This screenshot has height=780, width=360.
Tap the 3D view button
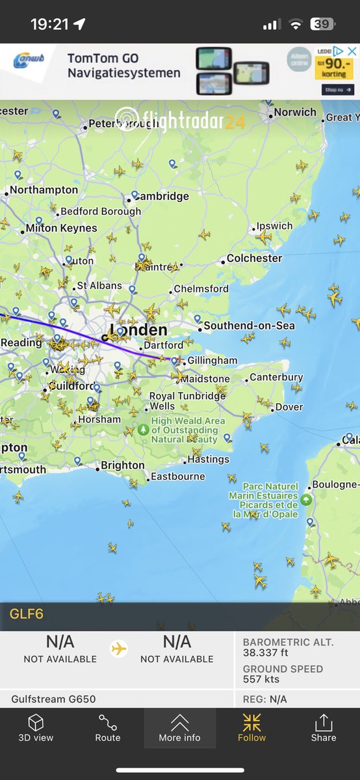(36, 729)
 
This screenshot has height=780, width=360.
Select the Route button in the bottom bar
(108, 729)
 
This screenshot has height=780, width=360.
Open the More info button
(179, 729)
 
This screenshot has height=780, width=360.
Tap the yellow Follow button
(251, 729)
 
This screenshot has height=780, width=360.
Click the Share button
(323, 729)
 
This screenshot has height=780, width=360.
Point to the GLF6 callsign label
(27, 614)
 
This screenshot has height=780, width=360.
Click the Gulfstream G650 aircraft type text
(53, 699)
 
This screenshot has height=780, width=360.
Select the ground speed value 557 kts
(261, 679)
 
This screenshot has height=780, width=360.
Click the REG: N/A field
(264, 699)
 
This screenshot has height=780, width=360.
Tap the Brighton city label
(122, 465)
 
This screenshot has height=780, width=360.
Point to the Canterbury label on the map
(276, 377)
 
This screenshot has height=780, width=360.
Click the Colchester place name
(254, 258)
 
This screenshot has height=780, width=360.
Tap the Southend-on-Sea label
(249, 326)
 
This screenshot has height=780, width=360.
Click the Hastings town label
(208, 460)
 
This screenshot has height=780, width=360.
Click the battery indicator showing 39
(321, 24)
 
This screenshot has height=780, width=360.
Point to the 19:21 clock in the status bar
(49, 24)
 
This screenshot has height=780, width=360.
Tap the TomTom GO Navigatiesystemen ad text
(123, 66)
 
